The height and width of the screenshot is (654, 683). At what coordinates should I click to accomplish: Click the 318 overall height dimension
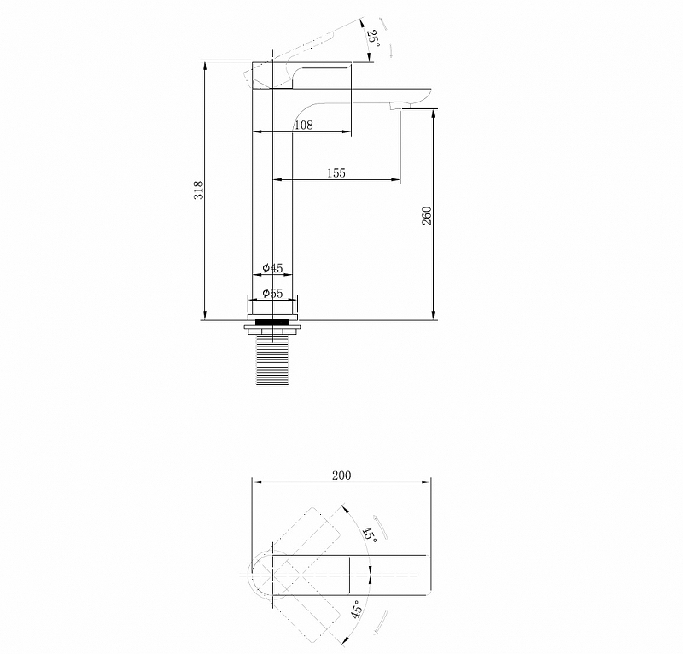coord(199,190)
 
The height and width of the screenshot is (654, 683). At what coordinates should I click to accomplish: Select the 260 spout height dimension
coord(427,215)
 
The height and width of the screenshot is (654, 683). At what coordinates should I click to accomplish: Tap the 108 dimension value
coord(303,126)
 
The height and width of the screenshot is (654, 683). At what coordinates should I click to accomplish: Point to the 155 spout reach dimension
coord(336,172)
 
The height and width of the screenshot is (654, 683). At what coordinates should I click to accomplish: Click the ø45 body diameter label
coord(272,268)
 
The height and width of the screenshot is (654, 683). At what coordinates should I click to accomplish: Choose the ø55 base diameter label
coord(272,293)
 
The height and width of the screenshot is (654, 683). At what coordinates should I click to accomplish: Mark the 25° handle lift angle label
coord(372,37)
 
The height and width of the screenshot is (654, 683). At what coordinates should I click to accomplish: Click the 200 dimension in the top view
coord(341,476)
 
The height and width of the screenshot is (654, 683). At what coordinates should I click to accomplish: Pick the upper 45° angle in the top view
coord(369,534)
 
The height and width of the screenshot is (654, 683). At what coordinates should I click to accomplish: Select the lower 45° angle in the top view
coord(357,610)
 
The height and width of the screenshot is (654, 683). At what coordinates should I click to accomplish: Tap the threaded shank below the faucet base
coord(273,359)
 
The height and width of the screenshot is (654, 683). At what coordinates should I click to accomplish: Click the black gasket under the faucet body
coord(273,323)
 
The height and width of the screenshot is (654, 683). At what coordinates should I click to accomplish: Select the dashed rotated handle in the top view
coord(312,538)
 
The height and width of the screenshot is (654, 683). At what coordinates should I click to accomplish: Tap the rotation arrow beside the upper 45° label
coord(383,529)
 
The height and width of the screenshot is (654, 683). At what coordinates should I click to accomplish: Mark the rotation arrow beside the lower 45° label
coord(380,622)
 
